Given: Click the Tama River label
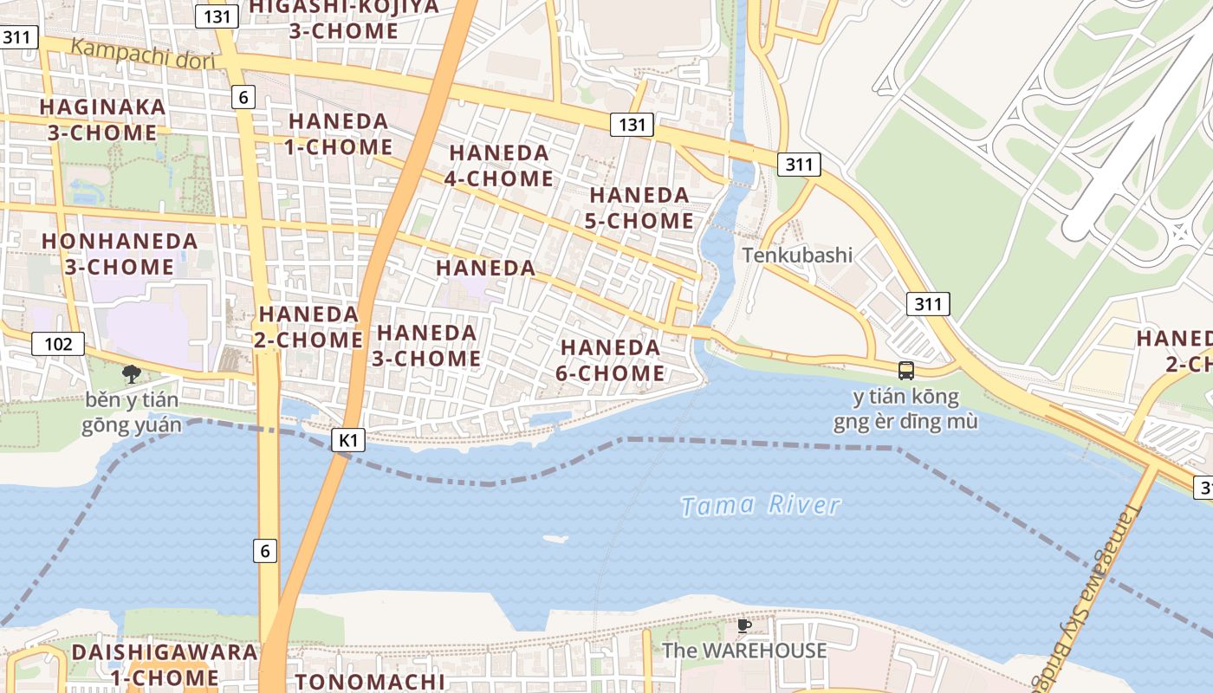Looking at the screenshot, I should [x=760, y=506].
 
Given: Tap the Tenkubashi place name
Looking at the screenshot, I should [x=797, y=256].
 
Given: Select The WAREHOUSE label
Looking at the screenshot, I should [x=744, y=651].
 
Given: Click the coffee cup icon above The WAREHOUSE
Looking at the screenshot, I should [x=743, y=625].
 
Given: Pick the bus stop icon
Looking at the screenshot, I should [x=906, y=371].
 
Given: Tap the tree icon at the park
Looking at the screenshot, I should [x=132, y=374].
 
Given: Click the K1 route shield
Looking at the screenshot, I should [x=347, y=440].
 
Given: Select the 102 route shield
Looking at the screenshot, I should [x=59, y=344].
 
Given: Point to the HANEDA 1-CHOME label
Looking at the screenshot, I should [x=339, y=134].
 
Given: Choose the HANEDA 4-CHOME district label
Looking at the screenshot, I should [x=500, y=165].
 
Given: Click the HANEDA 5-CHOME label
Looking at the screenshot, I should [x=639, y=208].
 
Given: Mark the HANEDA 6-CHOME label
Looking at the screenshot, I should [x=611, y=360].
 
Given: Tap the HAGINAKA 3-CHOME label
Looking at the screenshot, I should [x=102, y=120].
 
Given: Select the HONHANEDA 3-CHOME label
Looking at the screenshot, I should [x=120, y=254].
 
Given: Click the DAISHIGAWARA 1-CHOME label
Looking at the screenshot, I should [x=165, y=664].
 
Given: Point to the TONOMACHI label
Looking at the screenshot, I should [x=369, y=682].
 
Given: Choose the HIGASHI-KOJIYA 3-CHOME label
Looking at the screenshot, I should [x=344, y=19].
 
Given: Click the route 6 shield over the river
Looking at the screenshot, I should [x=265, y=550].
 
